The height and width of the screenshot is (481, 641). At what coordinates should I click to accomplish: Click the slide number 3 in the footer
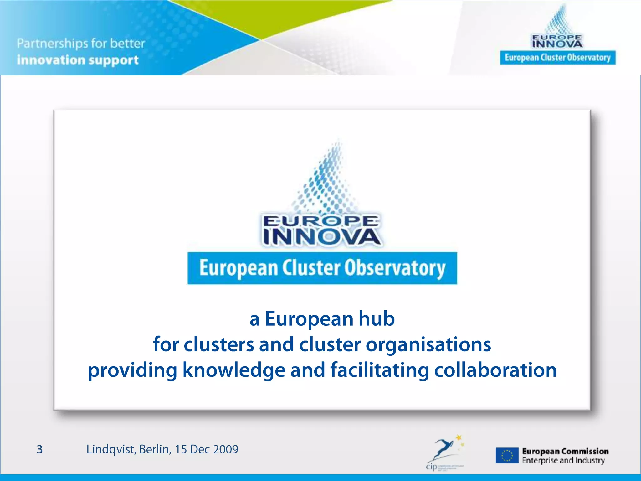pos(39,449)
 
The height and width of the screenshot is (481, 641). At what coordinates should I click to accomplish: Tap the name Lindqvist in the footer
pos(111,449)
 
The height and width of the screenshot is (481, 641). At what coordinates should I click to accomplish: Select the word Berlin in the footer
pos(155,449)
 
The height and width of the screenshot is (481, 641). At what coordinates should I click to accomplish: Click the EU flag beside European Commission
pos(507,456)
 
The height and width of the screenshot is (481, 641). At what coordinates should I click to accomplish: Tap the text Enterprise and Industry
pos(563,461)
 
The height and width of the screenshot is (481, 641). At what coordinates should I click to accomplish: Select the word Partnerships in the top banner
pos(52,44)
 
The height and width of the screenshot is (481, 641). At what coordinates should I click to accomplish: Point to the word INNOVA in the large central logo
pos(322,237)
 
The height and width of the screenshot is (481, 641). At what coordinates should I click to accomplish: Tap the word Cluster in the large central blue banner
pos(311,268)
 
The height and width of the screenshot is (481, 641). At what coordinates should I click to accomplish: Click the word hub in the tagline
pos(377,319)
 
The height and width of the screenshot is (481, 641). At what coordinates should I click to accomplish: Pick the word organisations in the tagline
pos(428,344)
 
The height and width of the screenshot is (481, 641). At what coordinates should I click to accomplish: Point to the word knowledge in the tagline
pos(234,370)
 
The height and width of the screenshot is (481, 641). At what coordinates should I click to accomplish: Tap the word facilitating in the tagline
pos(379,370)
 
